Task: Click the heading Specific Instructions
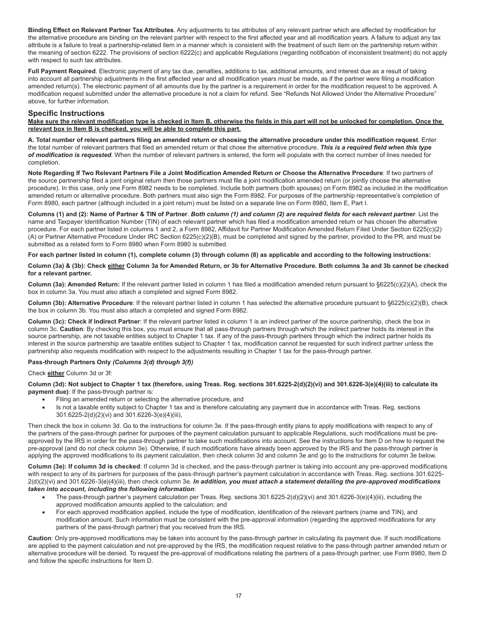[66, 113]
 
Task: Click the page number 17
[238, 596]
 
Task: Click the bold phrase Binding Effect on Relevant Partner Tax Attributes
[100, 31]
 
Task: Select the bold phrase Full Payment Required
[61, 72]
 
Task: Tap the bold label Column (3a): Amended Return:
[74, 284]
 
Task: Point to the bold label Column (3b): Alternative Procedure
[80, 303]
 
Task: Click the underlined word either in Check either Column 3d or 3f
[56, 373]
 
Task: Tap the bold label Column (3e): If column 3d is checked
[84, 466]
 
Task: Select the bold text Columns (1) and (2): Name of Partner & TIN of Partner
[107, 214]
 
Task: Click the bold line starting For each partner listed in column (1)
[229, 254]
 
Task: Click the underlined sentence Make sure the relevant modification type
[235, 121]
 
